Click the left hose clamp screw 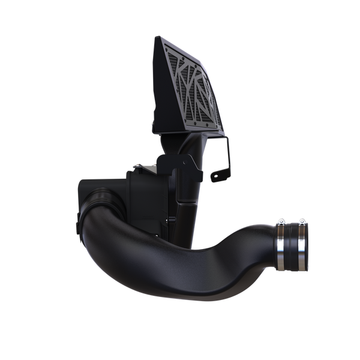point(280,223)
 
